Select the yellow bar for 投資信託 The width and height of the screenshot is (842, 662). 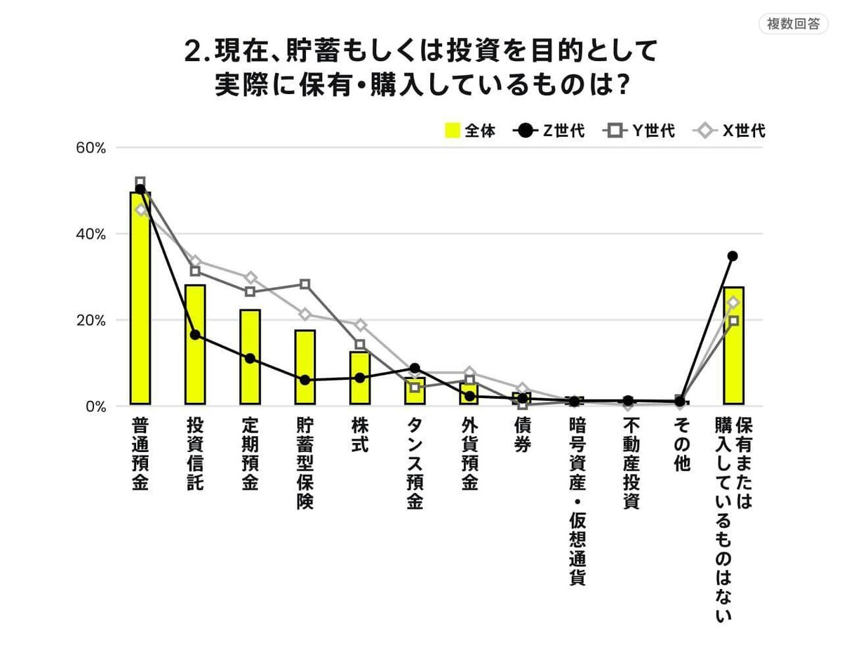click(x=195, y=345)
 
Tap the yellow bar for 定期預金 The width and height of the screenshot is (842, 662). click(x=250, y=357)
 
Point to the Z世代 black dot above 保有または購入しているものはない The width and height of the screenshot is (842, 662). click(x=733, y=256)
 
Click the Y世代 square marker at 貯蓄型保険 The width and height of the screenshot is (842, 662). click(x=305, y=284)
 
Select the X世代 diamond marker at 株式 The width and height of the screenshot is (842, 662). click(x=360, y=325)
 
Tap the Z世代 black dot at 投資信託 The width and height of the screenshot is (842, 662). click(x=195, y=335)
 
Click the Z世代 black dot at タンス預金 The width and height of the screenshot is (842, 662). click(x=415, y=368)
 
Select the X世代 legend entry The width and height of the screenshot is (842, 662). click(x=730, y=131)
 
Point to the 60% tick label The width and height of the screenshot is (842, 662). click(x=91, y=148)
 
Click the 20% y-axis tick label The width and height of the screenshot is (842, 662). click(x=91, y=320)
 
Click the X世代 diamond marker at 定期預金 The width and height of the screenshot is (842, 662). click(x=250, y=278)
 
